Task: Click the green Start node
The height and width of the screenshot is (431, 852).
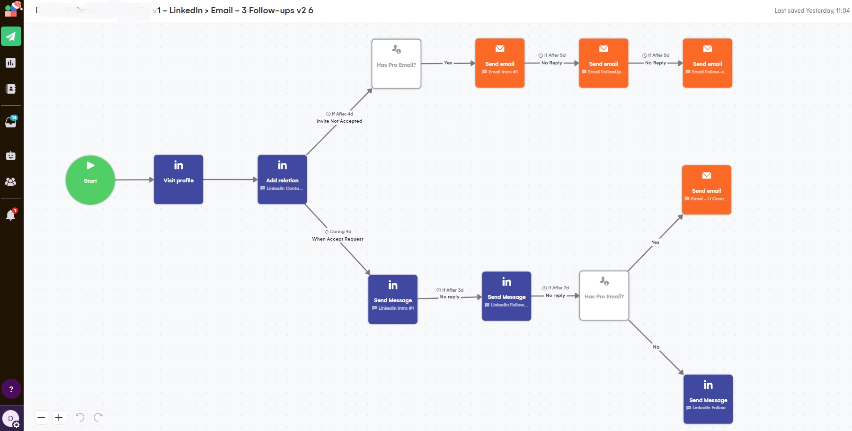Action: [x=90, y=180]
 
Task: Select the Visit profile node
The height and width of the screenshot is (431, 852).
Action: [x=178, y=180]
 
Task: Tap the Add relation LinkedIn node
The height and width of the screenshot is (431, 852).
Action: [x=282, y=180]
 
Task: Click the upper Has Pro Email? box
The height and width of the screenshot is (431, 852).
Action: [x=396, y=63]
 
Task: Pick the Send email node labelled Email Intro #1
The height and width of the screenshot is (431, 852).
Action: [x=500, y=63]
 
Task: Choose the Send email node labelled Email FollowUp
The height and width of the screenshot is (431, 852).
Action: [x=603, y=63]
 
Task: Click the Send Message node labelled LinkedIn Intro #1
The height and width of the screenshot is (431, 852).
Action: [x=393, y=299]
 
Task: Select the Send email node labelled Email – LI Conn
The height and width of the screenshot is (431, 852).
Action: [x=707, y=190]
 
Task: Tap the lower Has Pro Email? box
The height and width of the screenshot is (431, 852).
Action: [x=604, y=296]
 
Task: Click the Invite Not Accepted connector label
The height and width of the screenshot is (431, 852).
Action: [x=339, y=121]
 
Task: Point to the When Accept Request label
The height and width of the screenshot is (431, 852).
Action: [x=337, y=239]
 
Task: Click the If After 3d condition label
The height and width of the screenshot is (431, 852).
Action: [x=450, y=290]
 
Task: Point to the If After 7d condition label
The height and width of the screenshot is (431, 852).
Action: [x=556, y=288]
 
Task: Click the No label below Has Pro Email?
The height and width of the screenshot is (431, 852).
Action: [x=656, y=347]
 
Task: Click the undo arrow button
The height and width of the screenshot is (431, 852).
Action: [x=80, y=417]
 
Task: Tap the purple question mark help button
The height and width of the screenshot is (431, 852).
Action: [x=11, y=389]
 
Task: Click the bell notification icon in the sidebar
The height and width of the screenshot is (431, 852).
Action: [x=10, y=215]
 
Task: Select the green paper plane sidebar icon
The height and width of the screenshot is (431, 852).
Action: [x=11, y=36]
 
